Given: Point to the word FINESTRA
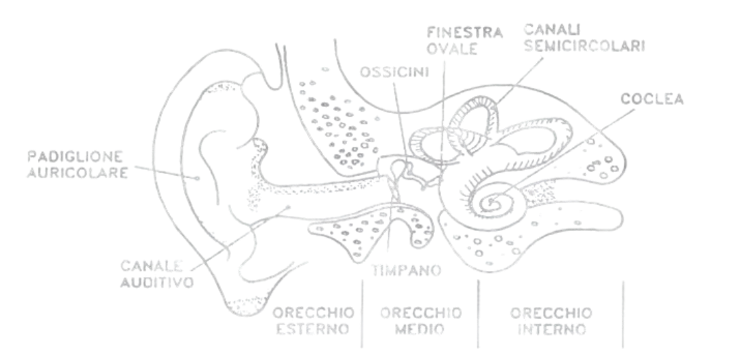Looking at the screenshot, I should (x=464, y=32).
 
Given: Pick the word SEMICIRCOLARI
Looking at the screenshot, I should (x=584, y=46).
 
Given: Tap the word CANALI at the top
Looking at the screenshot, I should (x=549, y=29).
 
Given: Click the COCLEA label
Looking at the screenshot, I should (x=652, y=99).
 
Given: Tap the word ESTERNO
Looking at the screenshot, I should (x=314, y=329).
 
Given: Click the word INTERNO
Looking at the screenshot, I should (x=551, y=329).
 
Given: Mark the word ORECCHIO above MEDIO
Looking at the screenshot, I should (x=420, y=313).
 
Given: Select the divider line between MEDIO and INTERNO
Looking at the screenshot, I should (x=478, y=312).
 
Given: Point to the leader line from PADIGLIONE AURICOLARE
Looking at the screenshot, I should (x=165, y=170).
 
